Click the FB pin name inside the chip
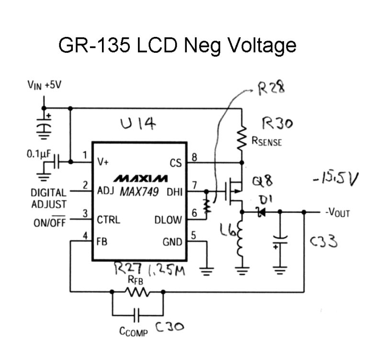click(102, 243)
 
